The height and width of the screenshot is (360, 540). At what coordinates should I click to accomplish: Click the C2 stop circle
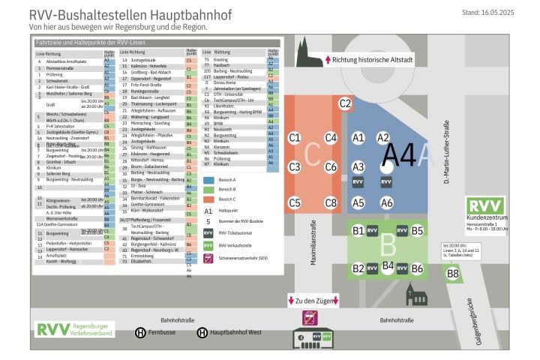coord(345,104)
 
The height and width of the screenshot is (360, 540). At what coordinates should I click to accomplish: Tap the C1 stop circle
coord(295,137)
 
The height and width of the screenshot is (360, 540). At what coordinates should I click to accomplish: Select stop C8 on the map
coord(330,202)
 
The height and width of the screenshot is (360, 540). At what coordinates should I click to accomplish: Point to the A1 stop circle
coord(358,137)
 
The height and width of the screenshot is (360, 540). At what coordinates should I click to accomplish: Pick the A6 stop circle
coord(386,202)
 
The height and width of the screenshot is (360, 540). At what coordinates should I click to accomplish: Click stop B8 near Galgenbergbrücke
coord(453,274)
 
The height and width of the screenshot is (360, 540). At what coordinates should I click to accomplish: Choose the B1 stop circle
coord(358,231)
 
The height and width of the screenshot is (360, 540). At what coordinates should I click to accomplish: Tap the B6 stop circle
coord(417,268)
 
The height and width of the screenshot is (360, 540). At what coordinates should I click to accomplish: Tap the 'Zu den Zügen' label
coord(313,301)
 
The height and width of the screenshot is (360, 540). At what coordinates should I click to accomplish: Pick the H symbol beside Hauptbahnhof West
coord(202,331)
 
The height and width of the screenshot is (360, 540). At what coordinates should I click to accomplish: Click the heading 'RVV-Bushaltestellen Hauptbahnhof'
coord(130,15)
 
